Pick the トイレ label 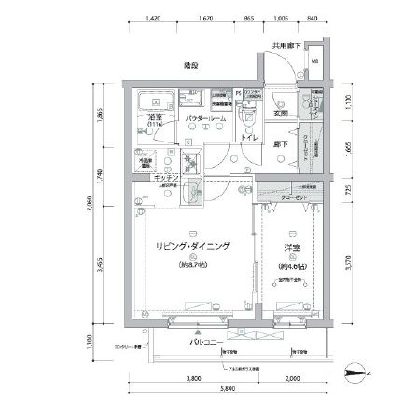[x=249, y=138]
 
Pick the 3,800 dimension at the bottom [x=193, y=378]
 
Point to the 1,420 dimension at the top [x=156, y=18]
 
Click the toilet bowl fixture [x=247, y=118]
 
